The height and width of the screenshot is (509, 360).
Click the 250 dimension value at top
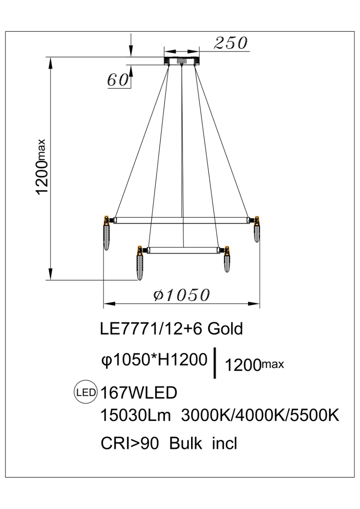pos(231,43)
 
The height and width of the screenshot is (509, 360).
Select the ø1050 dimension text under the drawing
pos(182,295)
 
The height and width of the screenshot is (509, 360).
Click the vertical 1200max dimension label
pos(42,166)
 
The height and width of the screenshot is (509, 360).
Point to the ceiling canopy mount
pos(182,60)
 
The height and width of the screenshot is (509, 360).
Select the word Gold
pos(225,329)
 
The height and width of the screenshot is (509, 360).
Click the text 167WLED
pos(139,393)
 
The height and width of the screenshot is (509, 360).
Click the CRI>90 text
pos(130,444)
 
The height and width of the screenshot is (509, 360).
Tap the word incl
pos(224,444)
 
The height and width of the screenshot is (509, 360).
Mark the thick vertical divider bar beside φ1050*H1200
pos(215,363)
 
